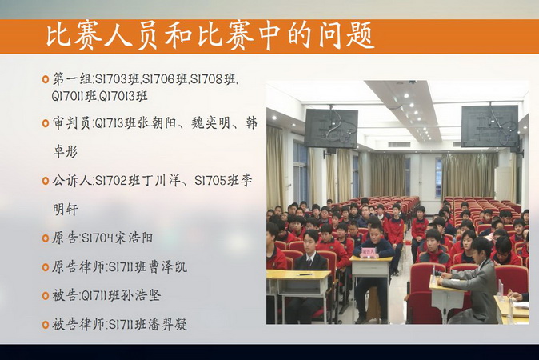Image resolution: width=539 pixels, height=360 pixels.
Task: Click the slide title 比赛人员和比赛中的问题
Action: (x=210, y=35)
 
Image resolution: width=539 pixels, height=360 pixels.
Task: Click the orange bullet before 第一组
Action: (x=46, y=79)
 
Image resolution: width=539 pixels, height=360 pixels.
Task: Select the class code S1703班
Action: (x=118, y=79)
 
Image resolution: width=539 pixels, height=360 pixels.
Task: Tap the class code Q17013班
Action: (x=122, y=96)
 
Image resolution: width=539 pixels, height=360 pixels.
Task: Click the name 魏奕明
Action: (x=210, y=122)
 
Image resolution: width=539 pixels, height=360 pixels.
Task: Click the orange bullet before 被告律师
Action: (x=46, y=324)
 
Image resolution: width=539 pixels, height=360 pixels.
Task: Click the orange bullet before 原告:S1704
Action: (x=46, y=238)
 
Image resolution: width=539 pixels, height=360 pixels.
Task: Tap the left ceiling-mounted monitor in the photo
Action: (x=331, y=129)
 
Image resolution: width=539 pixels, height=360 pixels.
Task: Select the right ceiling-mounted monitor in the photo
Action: (x=490, y=126)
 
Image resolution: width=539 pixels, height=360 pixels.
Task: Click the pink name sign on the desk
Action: (x=369, y=253)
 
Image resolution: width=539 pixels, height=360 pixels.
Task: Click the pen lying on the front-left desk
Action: (x=305, y=274)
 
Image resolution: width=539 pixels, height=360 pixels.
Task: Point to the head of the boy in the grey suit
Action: (x=481, y=248)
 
